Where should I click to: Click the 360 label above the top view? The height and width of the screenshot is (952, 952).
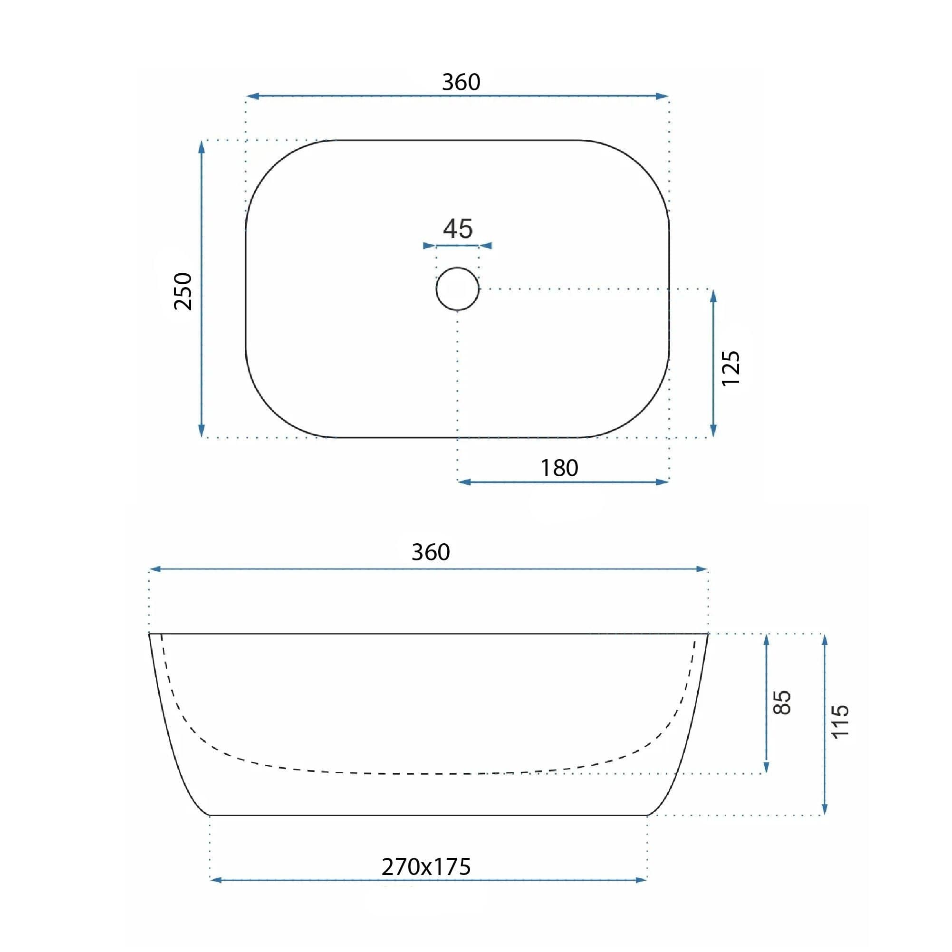tap(461, 82)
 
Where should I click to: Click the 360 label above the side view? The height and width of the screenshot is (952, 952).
tap(431, 552)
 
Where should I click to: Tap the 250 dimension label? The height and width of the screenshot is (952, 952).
tap(183, 291)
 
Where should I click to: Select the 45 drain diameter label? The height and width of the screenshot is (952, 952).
tap(458, 229)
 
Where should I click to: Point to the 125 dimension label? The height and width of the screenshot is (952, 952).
tap(731, 368)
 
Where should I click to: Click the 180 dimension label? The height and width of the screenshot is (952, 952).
tap(559, 468)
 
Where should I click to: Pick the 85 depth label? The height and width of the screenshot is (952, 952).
tap(782, 702)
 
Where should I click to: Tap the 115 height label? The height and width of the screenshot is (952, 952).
tap(841, 721)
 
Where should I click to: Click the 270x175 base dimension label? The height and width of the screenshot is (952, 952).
tap(426, 867)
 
